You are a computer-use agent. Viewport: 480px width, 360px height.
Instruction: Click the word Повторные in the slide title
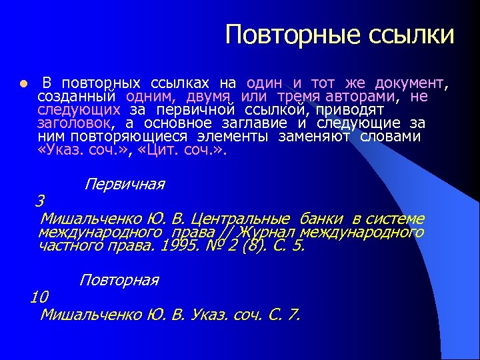click(280, 35)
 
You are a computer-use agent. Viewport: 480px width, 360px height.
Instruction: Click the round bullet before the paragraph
click(21, 85)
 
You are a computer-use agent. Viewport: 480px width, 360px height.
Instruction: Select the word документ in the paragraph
click(409, 83)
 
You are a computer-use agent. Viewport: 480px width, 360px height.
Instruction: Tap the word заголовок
click(75, 123)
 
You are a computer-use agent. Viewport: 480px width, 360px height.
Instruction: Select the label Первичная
click(125, 184)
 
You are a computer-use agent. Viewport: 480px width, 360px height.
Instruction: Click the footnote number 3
click(40, 201)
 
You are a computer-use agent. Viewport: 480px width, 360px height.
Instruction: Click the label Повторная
click(119, 280)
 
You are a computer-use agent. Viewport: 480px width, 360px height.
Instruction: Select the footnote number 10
click(39, 297)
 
